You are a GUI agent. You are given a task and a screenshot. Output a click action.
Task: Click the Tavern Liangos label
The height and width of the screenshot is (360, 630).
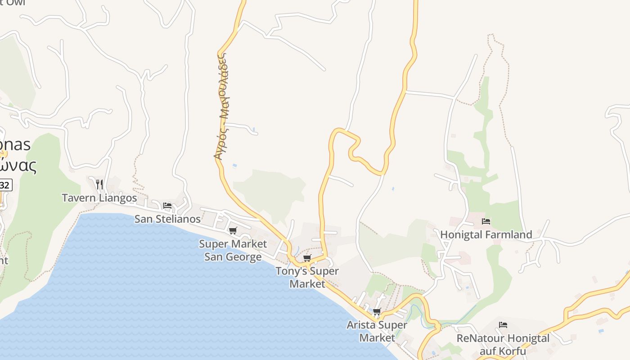[99, 198]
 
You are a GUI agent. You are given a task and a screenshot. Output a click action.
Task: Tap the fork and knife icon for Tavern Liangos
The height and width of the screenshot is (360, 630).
[99, 184]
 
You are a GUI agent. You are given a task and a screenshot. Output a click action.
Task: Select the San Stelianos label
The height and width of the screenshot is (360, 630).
[167, 219]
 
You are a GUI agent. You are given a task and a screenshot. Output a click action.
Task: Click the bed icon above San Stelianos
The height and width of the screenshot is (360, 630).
[167, 206]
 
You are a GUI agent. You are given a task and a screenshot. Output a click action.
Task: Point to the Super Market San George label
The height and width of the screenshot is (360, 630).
[233, 250]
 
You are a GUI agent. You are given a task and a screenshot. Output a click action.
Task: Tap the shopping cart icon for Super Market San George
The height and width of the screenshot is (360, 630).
[233, 231]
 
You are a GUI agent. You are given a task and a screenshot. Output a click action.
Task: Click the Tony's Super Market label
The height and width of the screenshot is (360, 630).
[307, 278]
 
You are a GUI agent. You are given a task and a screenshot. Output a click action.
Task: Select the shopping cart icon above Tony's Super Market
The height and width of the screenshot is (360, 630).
[307, 258]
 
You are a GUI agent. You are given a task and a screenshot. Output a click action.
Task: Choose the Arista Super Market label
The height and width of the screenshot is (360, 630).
[377, 331]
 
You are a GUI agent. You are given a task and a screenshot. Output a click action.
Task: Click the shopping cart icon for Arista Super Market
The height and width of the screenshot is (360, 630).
[377, 311]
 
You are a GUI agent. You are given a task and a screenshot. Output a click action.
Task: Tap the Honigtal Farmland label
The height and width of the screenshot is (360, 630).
[486, 234]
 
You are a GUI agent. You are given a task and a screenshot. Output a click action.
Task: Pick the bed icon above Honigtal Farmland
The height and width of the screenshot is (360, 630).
[486, 221]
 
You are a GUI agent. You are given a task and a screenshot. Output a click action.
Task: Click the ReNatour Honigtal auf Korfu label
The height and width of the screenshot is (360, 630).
[503, 344]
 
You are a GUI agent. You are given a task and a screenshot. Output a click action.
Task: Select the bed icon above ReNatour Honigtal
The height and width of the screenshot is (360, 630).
[503, 325]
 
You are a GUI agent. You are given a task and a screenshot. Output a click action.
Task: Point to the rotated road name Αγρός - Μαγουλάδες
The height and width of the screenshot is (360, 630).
[220, 106]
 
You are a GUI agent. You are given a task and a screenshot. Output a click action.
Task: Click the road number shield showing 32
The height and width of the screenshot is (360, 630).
[4, 185]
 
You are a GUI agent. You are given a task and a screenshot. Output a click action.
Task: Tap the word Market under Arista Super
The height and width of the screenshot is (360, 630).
[377, 337]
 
